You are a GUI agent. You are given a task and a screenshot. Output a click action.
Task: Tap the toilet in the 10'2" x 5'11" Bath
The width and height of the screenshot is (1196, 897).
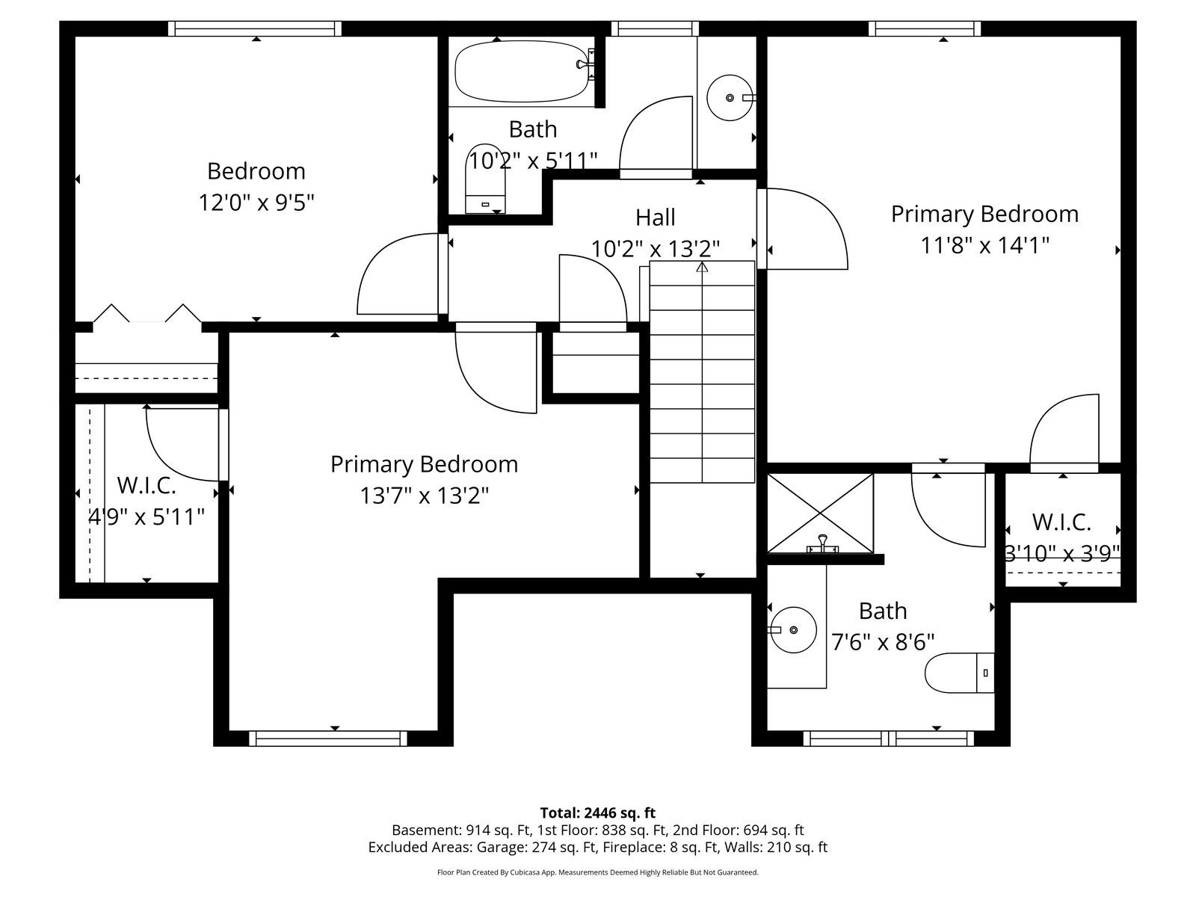pyautogui.click(x=485, y=179)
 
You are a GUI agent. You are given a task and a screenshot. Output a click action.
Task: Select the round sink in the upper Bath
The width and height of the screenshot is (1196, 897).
pyautogui.click(x=730, y=98)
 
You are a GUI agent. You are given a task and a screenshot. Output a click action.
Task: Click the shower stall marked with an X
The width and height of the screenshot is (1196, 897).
pyautogui.click(x=820, y=513)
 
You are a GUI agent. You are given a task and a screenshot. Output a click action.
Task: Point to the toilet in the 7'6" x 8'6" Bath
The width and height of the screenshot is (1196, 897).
pyautogui.click(x=960, y=673)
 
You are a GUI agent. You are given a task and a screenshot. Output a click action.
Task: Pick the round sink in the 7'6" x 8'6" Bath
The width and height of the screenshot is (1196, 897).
pyautogui.click(x=793, y=630)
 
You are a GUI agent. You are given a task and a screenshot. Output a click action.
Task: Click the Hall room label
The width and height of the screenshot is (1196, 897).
pyautogui.click(x=655, y=218)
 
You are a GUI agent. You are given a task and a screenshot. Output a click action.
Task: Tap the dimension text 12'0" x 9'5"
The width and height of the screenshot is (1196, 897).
pyautogui.click(x=256, y=203)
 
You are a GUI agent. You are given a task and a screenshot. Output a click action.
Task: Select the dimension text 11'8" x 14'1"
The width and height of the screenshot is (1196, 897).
pyautogui.click(x=984, y=245)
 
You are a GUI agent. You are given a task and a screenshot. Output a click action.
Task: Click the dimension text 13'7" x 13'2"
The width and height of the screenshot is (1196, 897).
pyautogui.click(x=424, y=496)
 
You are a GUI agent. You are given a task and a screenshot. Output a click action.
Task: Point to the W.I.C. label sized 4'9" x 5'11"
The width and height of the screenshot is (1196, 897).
pyautogui.click(x=147, y=484)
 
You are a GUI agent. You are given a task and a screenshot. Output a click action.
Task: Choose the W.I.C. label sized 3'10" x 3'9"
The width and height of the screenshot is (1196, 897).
pyautogui.click(x=1061, y=522)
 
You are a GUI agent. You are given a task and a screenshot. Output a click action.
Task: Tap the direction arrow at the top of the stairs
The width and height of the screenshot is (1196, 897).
pyautogui.click(x=703, y=267)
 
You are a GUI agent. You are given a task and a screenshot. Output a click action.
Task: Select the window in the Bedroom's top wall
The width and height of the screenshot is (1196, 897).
pyautogui.click(x=255, y=28)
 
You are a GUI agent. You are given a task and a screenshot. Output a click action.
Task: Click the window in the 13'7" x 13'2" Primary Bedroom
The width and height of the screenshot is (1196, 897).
pyautogui.click(x=328, y=739)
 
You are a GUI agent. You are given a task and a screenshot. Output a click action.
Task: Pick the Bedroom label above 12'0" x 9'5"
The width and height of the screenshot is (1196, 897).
pyautogui.click(x=256, y=171)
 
